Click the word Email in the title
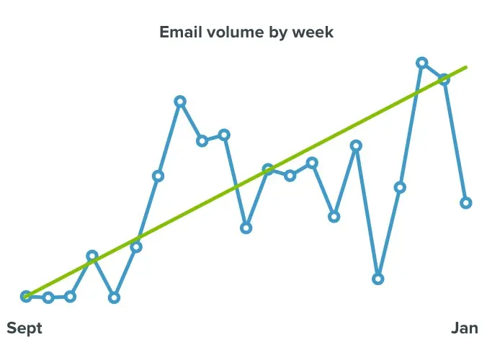179,32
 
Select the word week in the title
312,32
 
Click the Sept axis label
24,328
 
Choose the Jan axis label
464,328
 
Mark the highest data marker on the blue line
422,63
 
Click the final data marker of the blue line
466,203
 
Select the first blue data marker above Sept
27,296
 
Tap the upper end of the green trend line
466,67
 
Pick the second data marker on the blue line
48,297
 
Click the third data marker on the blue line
70,297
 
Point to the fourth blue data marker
92,256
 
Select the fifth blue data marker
114,297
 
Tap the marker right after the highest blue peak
444,78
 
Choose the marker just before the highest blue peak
400,187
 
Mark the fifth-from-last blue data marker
378,279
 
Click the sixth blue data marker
136,247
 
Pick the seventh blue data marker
158,176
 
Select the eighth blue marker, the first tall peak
180,102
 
